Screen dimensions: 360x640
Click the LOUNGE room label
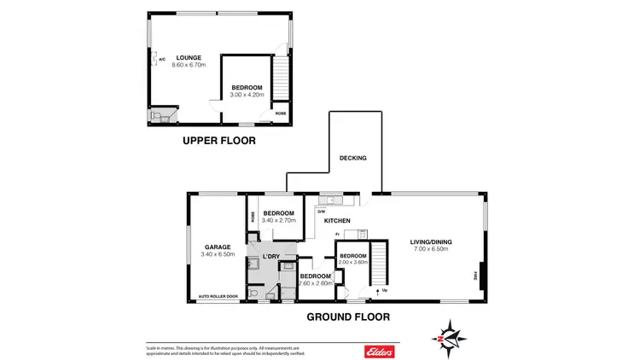189,58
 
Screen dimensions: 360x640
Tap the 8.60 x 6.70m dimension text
189,66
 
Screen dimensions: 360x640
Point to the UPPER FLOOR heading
219,141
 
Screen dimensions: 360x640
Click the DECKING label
352,158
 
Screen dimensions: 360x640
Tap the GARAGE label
217,247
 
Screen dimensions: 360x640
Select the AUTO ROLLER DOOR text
218,297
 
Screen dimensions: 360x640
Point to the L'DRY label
271,256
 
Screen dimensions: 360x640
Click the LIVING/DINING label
430,241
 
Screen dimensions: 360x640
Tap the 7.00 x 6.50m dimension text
430,249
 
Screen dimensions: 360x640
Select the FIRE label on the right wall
475,276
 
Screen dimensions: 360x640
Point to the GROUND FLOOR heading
348,316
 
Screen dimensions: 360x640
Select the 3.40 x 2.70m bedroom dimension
278,221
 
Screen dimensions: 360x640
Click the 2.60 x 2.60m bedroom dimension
315,283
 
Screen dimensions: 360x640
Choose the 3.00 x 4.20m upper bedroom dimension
247,95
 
